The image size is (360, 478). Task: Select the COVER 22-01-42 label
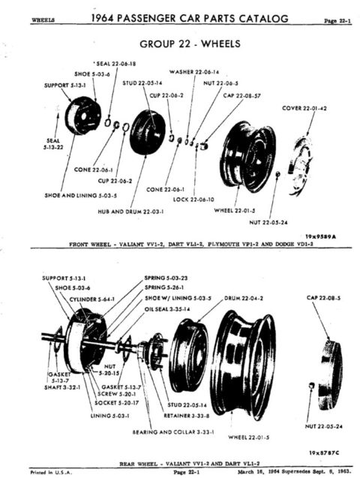click(x=304, y=108)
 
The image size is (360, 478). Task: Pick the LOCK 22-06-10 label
click(x=192, y=200)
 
